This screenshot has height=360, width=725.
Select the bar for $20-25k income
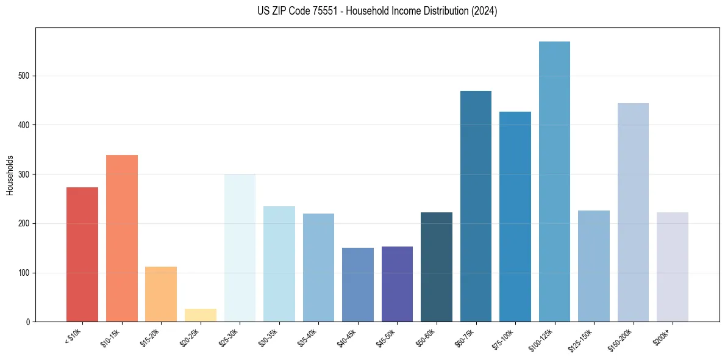(x=201, y=315)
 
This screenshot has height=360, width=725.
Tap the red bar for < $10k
(x=82, y=254)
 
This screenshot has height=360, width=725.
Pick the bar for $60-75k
(x=476, y=206)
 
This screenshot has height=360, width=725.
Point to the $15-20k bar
(x=161, y=294)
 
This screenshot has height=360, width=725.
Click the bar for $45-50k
(x=397, y=284)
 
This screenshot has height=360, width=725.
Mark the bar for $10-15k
(x=122, y=239)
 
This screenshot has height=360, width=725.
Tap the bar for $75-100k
(x=515, y=217)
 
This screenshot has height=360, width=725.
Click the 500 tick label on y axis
(x=22, y=76)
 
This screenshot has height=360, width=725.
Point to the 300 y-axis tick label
(x=22, y=175)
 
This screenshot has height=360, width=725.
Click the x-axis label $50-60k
(x=425, y=337)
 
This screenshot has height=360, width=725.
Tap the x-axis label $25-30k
(x=228, y=337)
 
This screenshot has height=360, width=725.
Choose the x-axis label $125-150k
(x=580, y=339)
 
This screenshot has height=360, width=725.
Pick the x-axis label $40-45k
(x=346, y=337)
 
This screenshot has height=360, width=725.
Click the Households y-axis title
(x=10, y=175)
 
